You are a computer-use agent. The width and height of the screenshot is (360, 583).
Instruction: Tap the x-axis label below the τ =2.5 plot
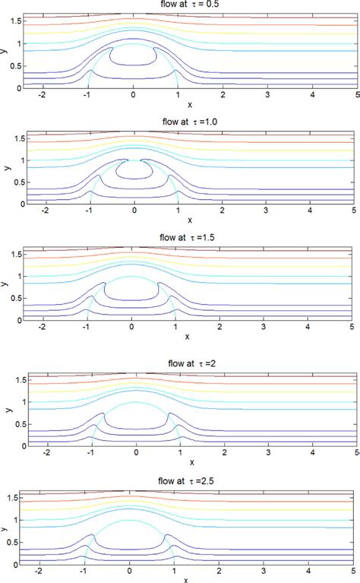click(x=130, y=579)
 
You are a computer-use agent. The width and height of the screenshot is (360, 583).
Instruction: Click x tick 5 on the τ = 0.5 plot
click(x=357, y=97)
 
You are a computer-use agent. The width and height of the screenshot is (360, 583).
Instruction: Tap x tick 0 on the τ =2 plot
click(x=137, y=453)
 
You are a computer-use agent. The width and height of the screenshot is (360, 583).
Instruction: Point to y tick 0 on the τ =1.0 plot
click(x=19, y=204)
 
